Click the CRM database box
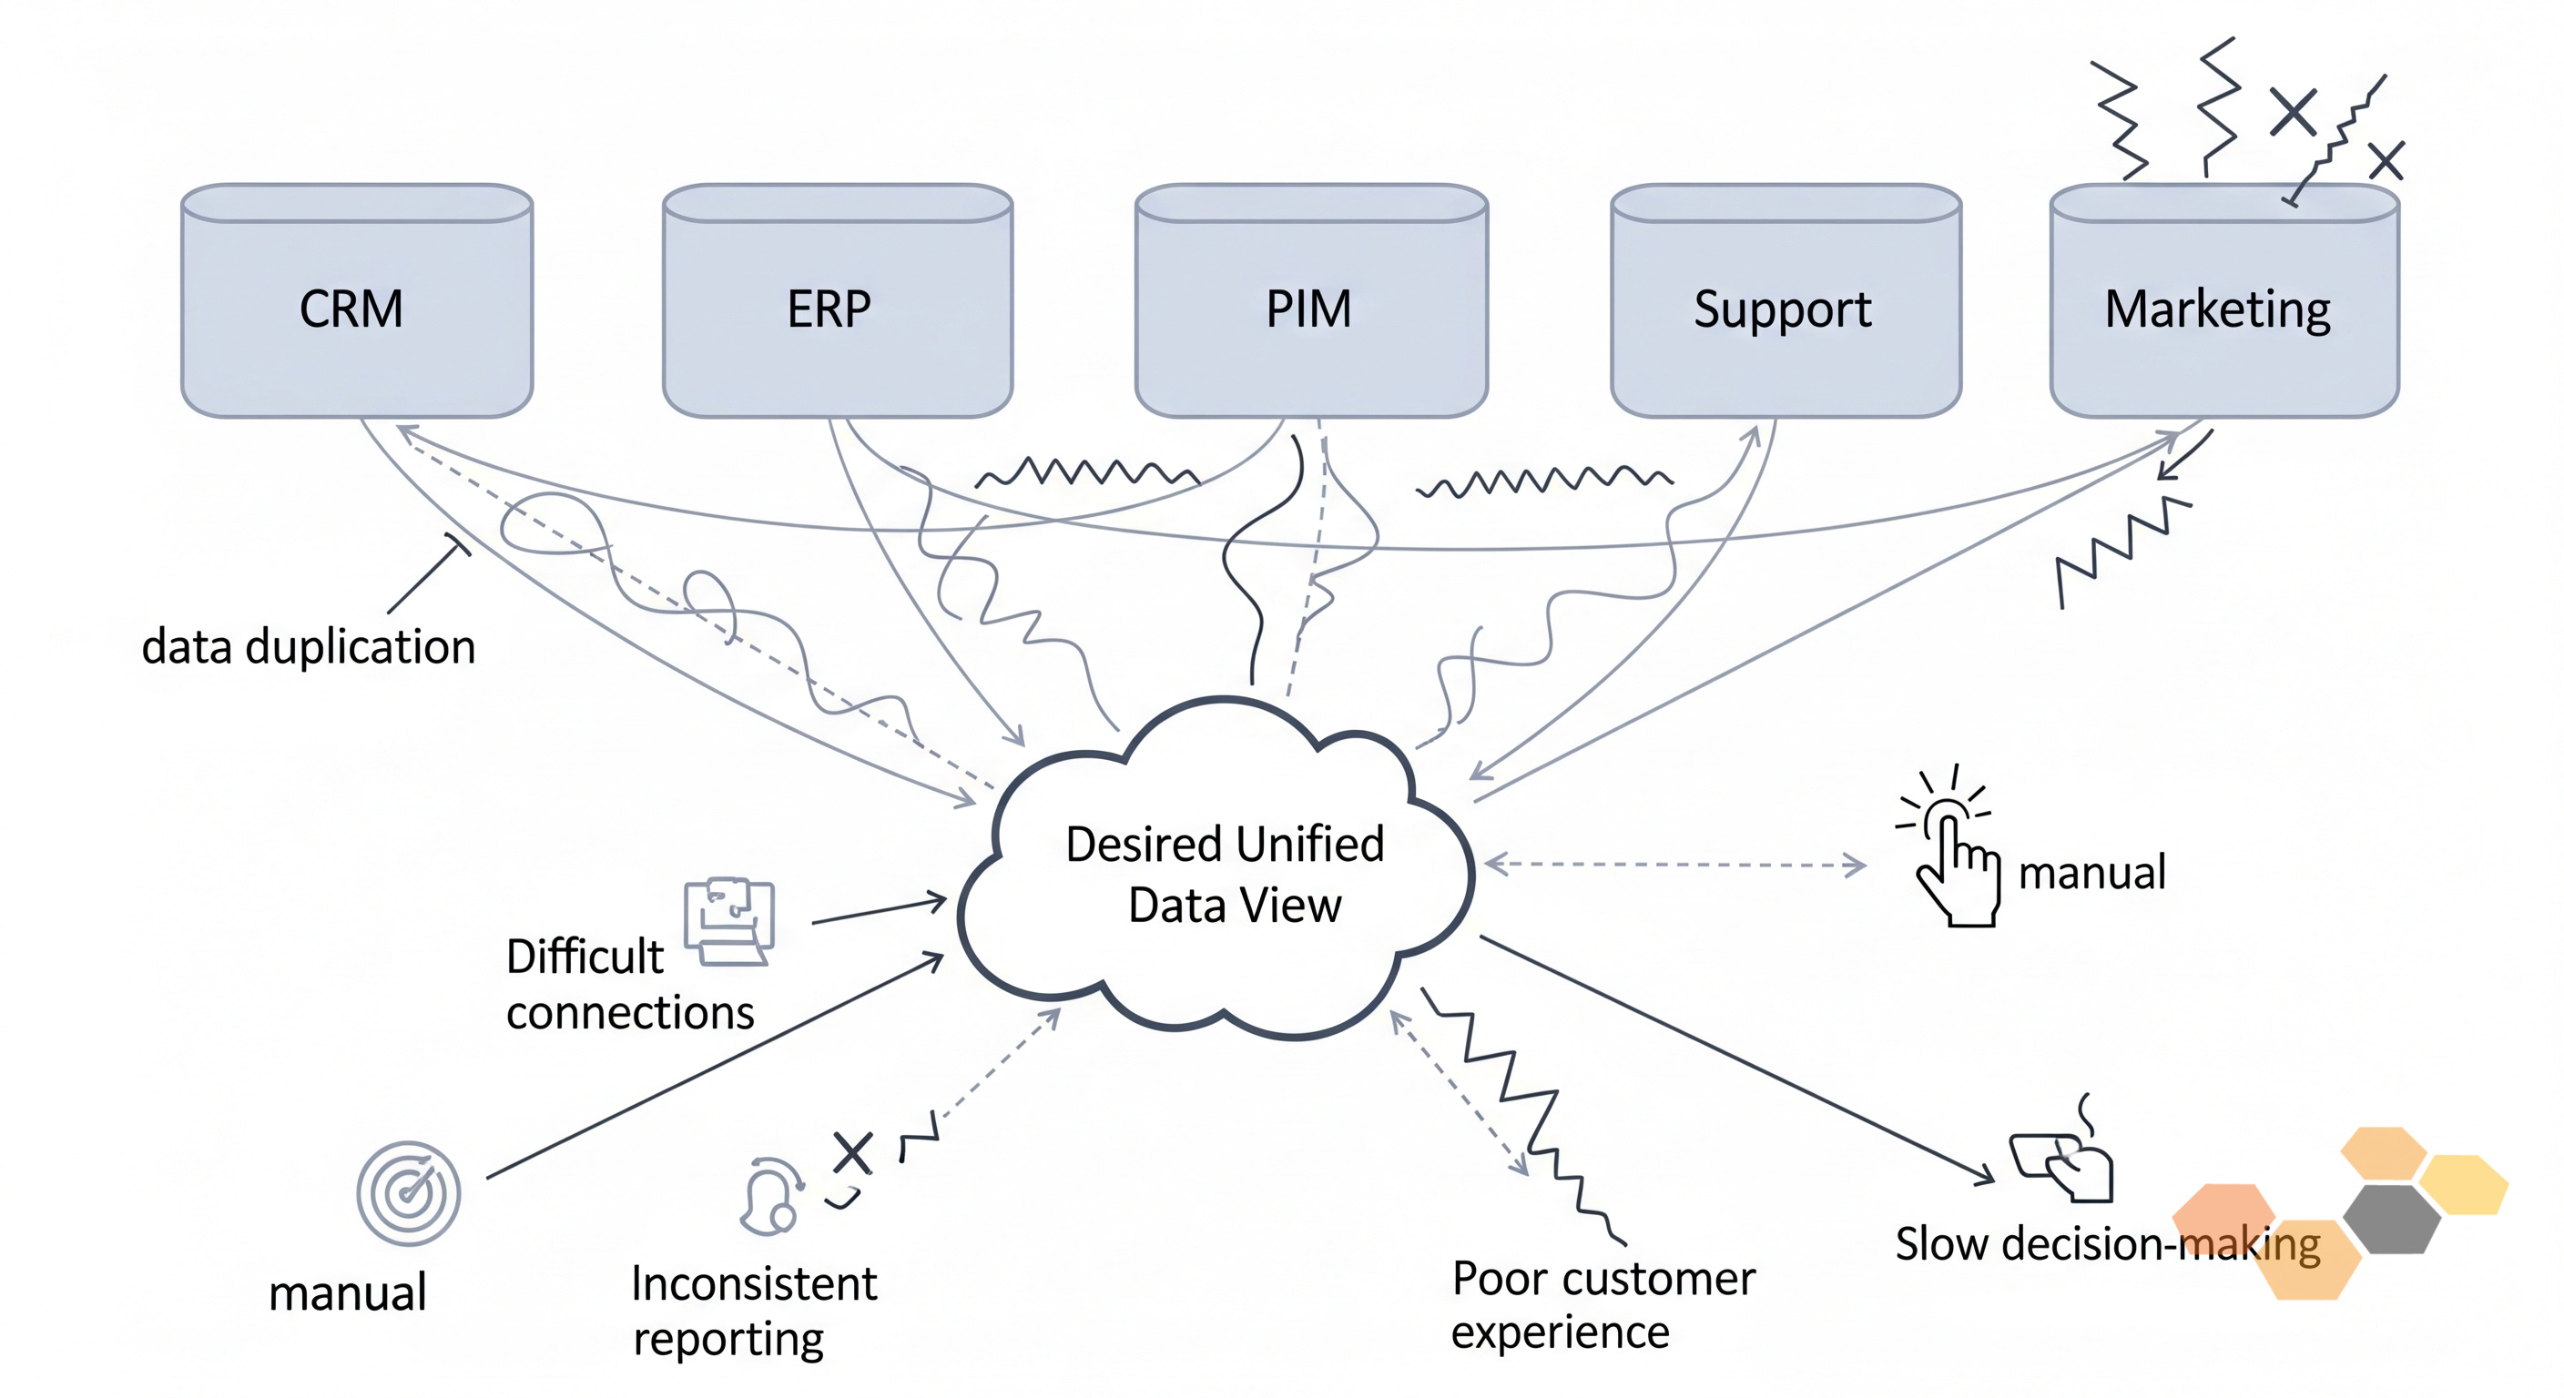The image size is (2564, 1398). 356,300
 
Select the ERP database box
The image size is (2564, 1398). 837,300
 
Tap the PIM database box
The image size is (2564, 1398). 1311,300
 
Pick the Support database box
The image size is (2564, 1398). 1786,300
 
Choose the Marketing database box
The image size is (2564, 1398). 2224,300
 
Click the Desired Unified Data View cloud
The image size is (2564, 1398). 1216,868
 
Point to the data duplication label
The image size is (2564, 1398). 309,647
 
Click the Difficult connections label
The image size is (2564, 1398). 629,984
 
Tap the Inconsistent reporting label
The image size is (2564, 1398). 754,1311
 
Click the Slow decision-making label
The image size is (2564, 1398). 2107,1245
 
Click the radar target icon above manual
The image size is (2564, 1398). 408,1193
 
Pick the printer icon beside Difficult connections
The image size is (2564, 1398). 728,921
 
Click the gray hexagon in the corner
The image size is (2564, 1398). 2392,1219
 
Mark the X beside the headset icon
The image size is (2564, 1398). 852,1153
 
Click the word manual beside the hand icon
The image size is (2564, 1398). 2091,873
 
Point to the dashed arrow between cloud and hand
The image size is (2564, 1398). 1675,864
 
